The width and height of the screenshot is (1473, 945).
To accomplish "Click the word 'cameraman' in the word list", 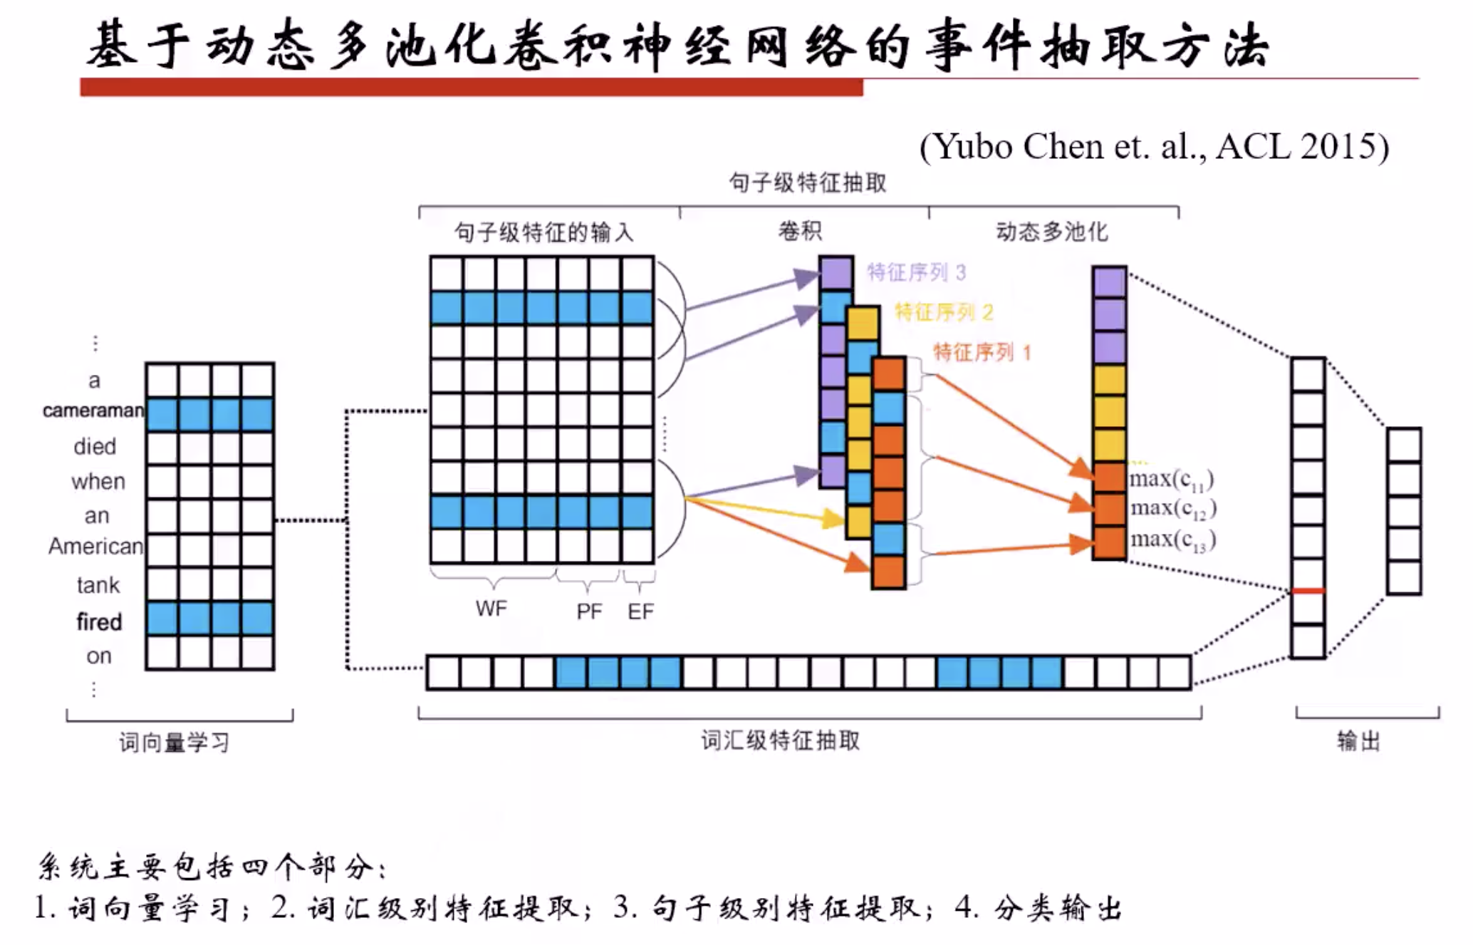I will point(93,410).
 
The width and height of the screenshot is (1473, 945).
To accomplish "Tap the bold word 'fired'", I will point(99,621).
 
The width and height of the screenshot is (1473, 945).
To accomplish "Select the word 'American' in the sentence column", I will point(95,547).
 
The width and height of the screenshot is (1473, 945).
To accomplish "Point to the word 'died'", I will point(95,447).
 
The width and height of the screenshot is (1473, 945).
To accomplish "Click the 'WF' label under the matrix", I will point(491,609).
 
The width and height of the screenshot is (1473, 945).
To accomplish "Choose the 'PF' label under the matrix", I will point(589,611).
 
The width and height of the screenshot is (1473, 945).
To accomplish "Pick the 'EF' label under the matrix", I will point(640,611).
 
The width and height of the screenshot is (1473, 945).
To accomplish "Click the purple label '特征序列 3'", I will point(916,272).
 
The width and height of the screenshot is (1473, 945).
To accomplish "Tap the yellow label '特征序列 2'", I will point(943,312).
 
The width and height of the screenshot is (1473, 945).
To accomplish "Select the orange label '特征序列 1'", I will point(982,352).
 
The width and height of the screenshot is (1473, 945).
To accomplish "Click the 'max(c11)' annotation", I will point(1171,480).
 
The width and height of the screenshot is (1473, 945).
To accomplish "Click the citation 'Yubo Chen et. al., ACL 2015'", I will point(1154,147).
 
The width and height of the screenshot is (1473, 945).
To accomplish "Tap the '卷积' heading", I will point(800,231).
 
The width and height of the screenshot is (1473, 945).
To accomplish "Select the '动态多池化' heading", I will point(1051,231).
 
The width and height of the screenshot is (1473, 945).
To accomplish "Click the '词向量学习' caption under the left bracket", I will point(175,743).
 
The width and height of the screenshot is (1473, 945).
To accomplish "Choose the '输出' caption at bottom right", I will point(1358,741).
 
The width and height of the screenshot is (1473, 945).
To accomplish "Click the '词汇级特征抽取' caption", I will point(781,740).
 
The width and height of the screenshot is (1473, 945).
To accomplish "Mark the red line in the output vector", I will point(1308,591).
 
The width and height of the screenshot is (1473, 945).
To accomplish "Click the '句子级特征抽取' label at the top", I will point(808,183).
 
